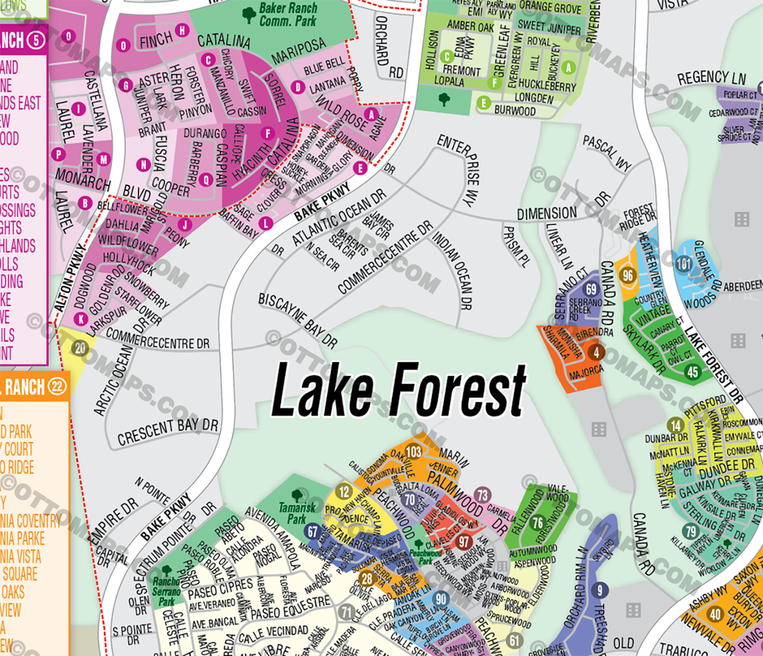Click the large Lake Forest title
pyautogui.click(x=399, y=390)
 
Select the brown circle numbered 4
pyautogui.click(x=597, y=352)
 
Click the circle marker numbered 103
pyautogui.click(x=414, y=451)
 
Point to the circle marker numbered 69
pyautogui.click(x=592, y=289)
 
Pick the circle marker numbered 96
pyautogui.click(x=629, y=275)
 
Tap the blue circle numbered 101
pyautogui.click(x=684, y=264)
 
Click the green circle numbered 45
pyautogui.click(x=693, y=372)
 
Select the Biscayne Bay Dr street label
pyautogui.click(x=298, y=320)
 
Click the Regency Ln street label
pyautogui.click(x=712, y=78)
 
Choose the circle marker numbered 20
pyautogui.click(x=80, y=348)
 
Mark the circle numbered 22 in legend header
pyautogui.click(x=56, y=386)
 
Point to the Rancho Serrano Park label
pyautogui.click(x=166, y=590)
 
